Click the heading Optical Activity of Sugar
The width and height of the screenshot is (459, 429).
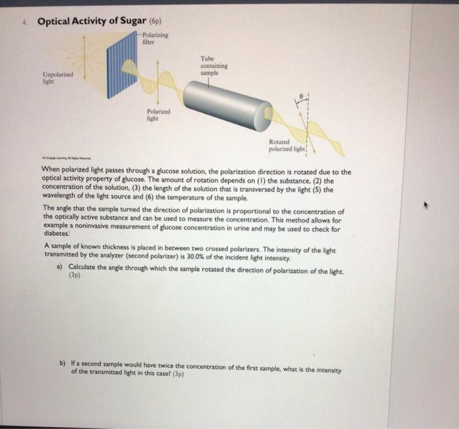point(87,21)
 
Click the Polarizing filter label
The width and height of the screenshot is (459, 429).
point(155,39)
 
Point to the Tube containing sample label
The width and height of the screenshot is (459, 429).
point(214,66)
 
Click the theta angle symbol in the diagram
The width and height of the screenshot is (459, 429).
point(300,94)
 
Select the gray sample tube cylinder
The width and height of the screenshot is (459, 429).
point(226,103)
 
